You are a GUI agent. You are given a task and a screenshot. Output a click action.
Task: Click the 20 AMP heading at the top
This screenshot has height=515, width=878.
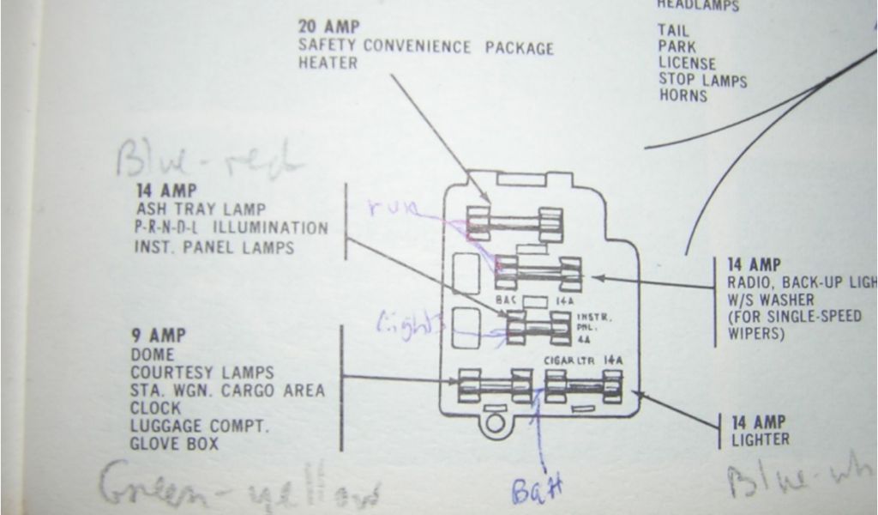pyautogui.click(x=330, y=26)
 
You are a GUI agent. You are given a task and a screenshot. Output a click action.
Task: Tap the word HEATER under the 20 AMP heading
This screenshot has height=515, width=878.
pyautogui.click(x=328, y=64)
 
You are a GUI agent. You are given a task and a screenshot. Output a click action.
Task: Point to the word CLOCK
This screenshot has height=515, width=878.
pyautogui.click(x=156, y=408)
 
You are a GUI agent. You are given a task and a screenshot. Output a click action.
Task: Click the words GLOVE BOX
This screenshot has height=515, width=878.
pyautogui.click(x=175, y=444)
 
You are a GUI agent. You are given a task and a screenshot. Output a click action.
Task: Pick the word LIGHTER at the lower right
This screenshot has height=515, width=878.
pyautogui.click(x=761, y=439)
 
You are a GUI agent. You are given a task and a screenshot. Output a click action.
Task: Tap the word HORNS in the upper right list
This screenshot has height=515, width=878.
pyautogui.click(x=683, y=96)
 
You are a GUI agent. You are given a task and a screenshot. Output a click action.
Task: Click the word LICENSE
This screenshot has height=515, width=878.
pyautogui.click(x=688, y=63)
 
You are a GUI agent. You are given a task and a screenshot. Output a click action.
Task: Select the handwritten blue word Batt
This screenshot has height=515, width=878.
pyautogui.click(x=536, y=491)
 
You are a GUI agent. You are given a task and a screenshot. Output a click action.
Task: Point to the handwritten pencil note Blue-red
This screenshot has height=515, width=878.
pyautogui.click(x=210, y=158)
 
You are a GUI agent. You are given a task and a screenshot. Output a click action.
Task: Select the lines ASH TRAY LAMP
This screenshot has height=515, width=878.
pyautogui.click(x=201, y=209)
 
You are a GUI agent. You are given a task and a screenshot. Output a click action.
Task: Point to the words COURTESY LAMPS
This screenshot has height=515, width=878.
pyautogui.click(x=202, y=373)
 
